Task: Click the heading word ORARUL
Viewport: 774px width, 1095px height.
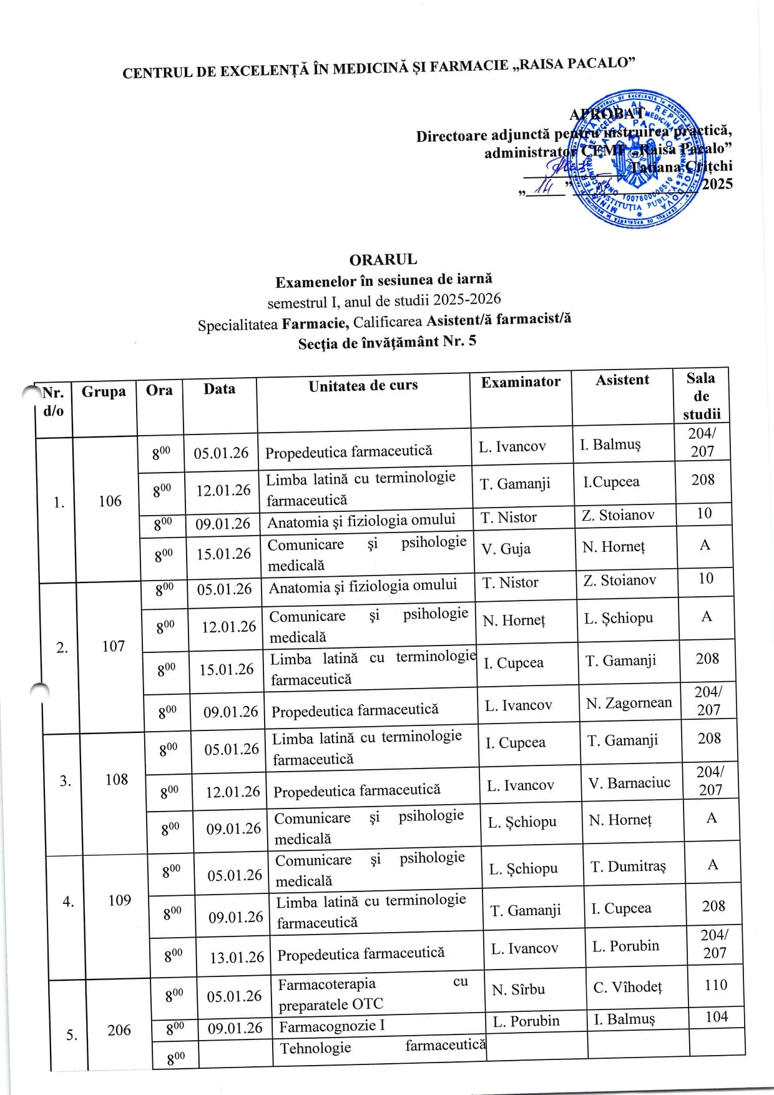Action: [x=383, y=259]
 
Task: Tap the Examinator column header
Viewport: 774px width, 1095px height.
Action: [x=521, y=382]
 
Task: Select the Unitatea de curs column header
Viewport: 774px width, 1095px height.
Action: [x=363, y=386]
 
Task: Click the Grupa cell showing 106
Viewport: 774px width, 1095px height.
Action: [x=110, y=501]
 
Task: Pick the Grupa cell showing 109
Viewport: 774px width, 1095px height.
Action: [x=119, y=900]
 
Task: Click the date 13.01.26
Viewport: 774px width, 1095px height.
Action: [x=237, y=957]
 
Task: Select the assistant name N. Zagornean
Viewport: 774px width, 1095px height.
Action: [x=629, y=704]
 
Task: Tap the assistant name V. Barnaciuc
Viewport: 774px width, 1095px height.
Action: [x=629, y=783]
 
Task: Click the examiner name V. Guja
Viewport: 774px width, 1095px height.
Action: [x=506, y=549]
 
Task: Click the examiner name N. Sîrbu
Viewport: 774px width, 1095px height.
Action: [x=518, y=989]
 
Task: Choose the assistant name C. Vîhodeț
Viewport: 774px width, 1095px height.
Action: [x=627, y=988]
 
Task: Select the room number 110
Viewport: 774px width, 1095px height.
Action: [x=715, y=985]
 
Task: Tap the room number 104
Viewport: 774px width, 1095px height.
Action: [x=716, y=1017]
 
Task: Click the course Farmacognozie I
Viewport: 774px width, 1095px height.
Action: [x=332, y=1026]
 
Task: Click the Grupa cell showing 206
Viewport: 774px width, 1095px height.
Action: [x=119, y=1030]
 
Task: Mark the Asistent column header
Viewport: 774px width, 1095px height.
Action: [x=622, y=380]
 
